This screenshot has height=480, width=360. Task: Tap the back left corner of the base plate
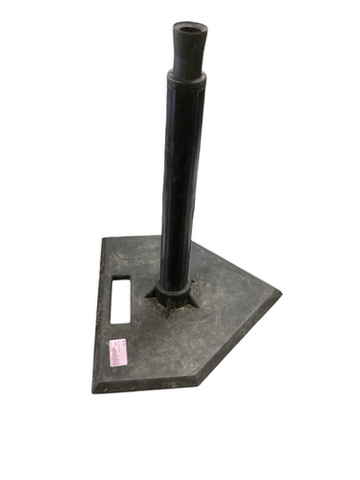click(x=106, y=238)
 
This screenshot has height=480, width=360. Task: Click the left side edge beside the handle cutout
click(x=100, y=302)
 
